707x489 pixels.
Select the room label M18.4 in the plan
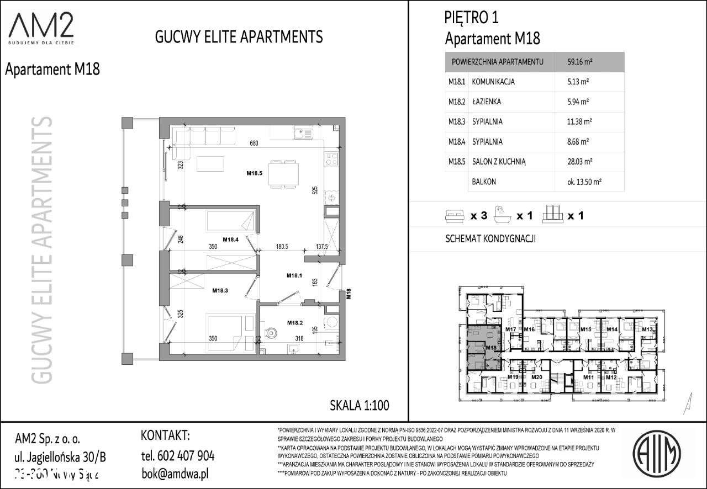pyautogui.click(x=230, y=240)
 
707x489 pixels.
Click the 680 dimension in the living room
pyautogui.click(x=254, y=143)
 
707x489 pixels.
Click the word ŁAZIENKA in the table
pyautogui.click(x=487, y=102)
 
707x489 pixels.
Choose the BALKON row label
pyautogui.click(x=483, y=181)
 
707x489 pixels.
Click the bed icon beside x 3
pyautogui.click(x=455, y=216)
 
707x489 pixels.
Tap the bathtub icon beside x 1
pyautogui.click(x=502, y=215)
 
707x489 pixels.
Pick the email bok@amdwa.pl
pyautogui.click(x=175, y=474)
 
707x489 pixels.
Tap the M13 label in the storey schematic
pyautogui.click(x=647, y=329)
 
